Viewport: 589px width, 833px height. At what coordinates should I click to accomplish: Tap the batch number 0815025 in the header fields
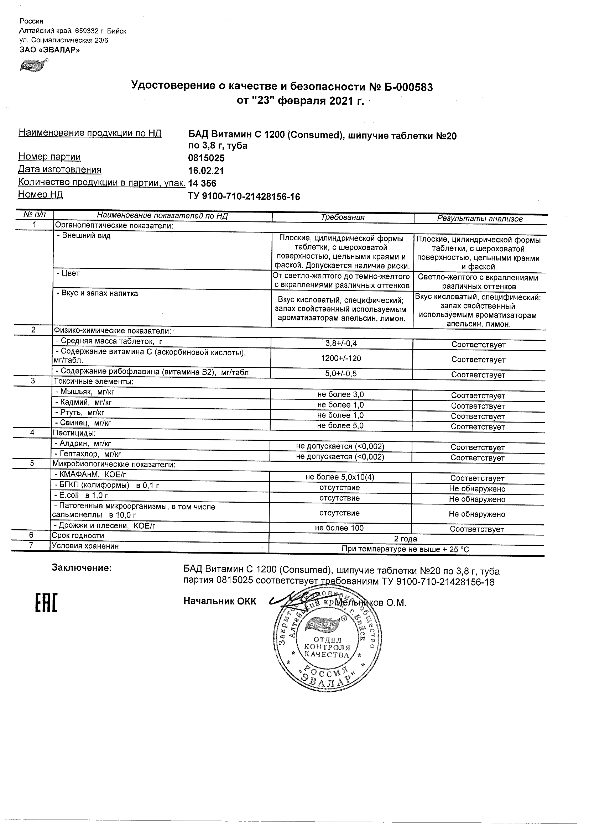coord(206,158)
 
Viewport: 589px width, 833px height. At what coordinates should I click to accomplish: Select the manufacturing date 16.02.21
coord(206,171)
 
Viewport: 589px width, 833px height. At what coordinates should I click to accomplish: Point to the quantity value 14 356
coord(202,184)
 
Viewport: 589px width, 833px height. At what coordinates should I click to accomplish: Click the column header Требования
coord(343,217)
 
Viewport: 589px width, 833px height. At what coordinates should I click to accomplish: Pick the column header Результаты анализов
coord(480,219)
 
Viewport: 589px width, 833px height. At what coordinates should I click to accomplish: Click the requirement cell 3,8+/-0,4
coord(341,343)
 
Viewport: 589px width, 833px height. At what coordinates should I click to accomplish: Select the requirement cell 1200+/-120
coord(341,358)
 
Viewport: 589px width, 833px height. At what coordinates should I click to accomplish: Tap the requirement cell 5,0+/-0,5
coord(341,373)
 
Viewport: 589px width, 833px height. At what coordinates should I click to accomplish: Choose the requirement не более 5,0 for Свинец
coord(340,425)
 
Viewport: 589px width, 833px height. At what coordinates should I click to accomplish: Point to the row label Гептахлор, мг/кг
coord(88,454)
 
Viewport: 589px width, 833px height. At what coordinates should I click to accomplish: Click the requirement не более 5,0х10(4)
coord(340,477)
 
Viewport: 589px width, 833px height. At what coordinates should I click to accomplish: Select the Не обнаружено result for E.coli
coord(477,499)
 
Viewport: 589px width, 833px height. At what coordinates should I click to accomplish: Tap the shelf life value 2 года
coord(405,539)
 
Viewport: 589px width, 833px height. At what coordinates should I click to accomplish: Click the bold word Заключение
coord(82,568)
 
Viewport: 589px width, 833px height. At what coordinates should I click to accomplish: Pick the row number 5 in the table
coord(32,463)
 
